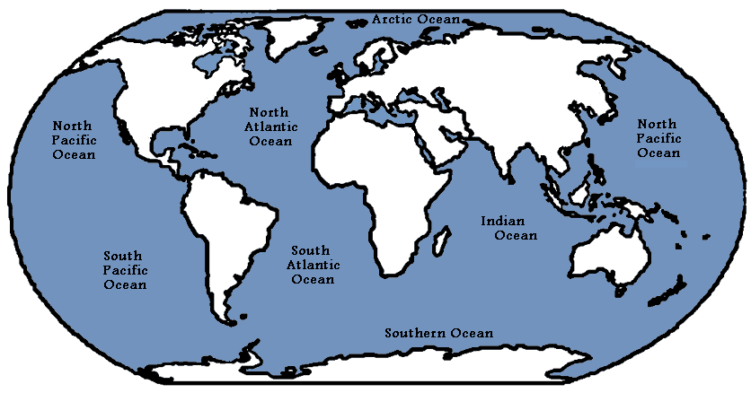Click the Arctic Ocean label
416,19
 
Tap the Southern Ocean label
439,333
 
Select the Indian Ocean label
509,228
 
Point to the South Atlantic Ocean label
311,265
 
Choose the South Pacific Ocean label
125,270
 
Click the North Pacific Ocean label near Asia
659,138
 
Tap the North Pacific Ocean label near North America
75,141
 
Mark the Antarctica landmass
377,370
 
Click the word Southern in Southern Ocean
416,333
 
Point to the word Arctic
393,19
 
